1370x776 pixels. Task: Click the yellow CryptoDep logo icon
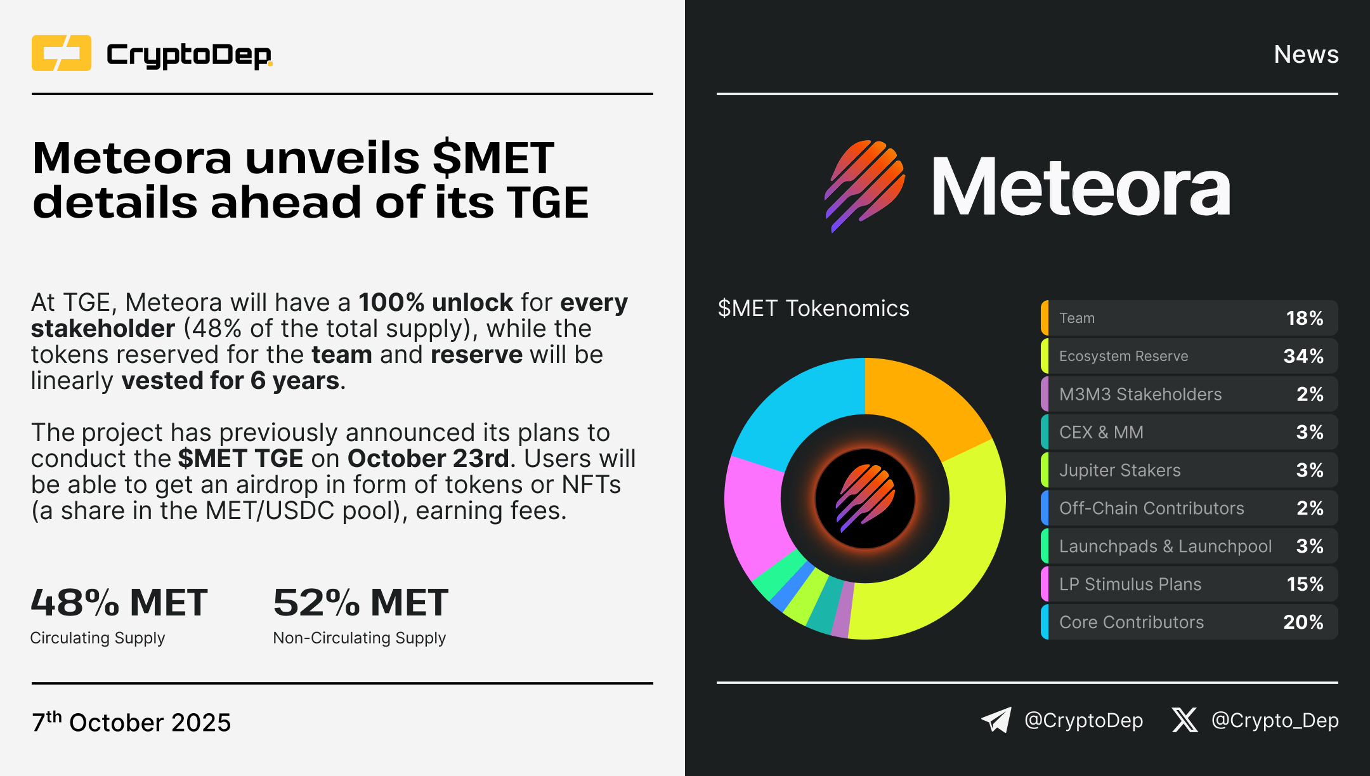click(62, 53)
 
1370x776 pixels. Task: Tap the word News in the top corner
click(1306, 55)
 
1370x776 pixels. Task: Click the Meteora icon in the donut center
click(865, 499)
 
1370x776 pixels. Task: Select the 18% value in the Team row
click(1304, 318)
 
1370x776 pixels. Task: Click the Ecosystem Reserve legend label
click(1123, 356)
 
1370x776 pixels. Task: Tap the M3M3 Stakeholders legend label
click(1140, 394)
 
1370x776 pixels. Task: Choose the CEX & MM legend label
click(1101, 432)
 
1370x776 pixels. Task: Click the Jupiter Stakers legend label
click(1119, 470)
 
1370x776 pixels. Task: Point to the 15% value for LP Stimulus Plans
click(1305, 584)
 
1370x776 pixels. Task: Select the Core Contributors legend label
click(1131, 622)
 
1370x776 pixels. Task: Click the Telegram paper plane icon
click(996, 720)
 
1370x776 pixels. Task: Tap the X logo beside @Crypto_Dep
click(1185, 720)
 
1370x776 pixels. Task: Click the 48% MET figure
click(119, 602)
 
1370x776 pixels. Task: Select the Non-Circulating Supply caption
click(359, 638)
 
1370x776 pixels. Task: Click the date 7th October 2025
click(131, 721)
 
